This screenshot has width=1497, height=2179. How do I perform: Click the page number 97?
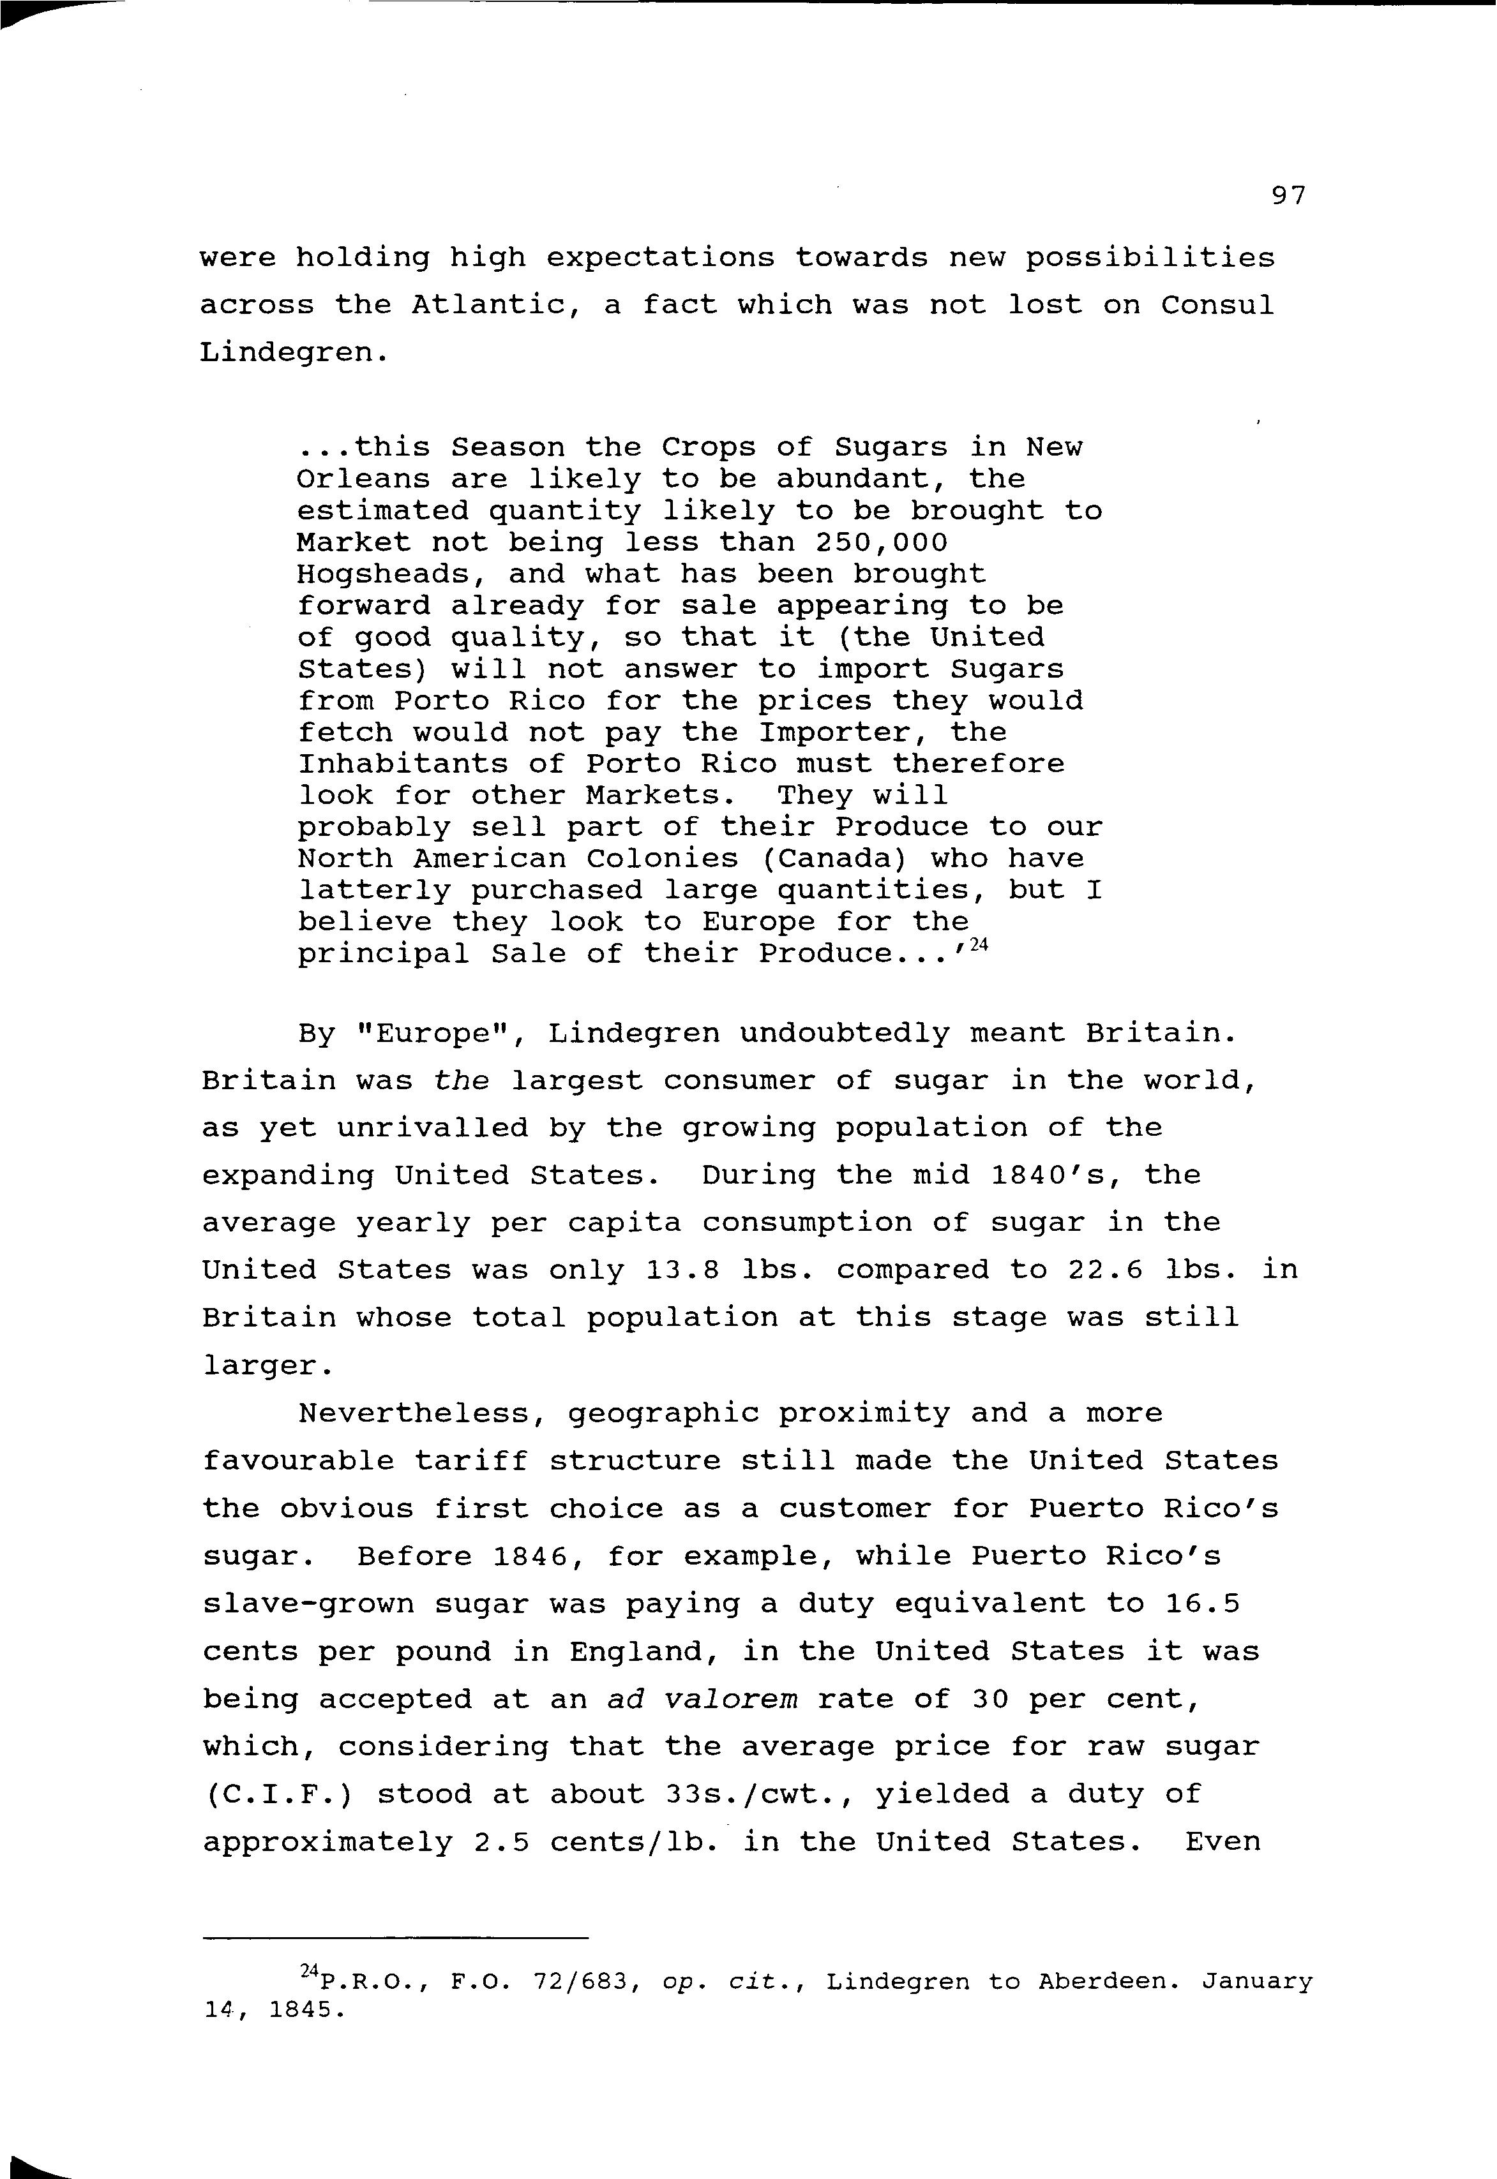point(1288,195)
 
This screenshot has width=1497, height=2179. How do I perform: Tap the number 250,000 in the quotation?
point(882,543)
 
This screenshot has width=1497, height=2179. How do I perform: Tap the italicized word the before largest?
point(462,1081)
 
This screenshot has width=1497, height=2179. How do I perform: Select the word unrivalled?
point(432,1128)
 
